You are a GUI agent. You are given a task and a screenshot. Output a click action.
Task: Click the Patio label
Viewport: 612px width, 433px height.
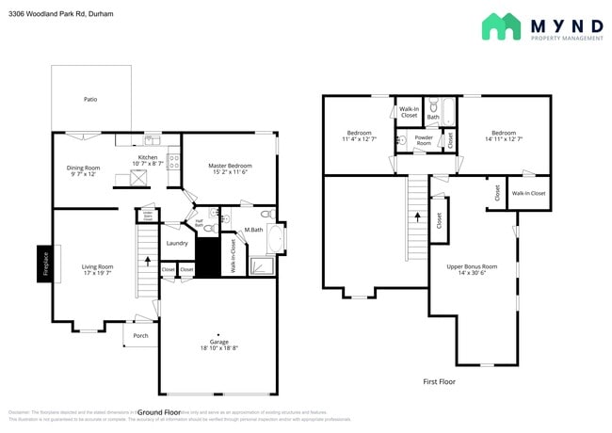click(x=90, y=99)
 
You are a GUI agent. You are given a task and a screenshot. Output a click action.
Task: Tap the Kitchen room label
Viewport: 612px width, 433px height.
click(x=148, y=160)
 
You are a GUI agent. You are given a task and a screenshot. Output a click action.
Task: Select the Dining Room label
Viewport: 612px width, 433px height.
click(x=85, y=170)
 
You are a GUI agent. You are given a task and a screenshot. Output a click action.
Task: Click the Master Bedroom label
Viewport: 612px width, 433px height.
click(x=228, y=168)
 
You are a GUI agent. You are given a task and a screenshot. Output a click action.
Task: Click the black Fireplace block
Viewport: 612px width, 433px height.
click(x=44, y=265)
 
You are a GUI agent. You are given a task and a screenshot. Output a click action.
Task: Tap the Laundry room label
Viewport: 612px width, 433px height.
click(x=177, y=243)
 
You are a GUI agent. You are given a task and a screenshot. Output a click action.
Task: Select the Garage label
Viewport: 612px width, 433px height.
click(x=218, y=345)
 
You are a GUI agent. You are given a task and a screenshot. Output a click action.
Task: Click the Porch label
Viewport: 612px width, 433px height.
click(x=140, y=335)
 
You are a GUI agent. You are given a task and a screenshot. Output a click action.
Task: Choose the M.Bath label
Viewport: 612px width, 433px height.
click(x=252, y=231)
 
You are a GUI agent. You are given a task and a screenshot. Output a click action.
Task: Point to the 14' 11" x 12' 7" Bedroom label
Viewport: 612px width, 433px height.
click(x=503, y=136)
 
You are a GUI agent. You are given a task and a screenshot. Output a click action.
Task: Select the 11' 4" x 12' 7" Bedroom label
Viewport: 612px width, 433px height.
click(x=359, y=136)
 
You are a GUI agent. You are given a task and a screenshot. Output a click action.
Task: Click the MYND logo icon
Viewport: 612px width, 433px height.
click(x=501, y=26)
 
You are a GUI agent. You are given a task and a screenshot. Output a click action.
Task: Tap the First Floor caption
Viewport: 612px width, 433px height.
click(x=440, y=381)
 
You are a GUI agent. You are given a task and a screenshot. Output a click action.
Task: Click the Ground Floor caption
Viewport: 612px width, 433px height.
click(x=159, y=412)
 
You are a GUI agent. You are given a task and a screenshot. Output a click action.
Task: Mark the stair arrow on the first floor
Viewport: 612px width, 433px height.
click(x=416, y=218)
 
